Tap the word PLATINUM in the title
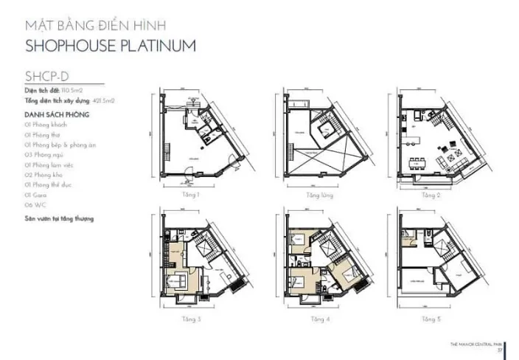point(158,45)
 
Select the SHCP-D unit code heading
point(46,75)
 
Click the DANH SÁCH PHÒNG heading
point(57,116)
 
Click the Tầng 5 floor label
point(431,319)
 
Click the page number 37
point(499,350)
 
